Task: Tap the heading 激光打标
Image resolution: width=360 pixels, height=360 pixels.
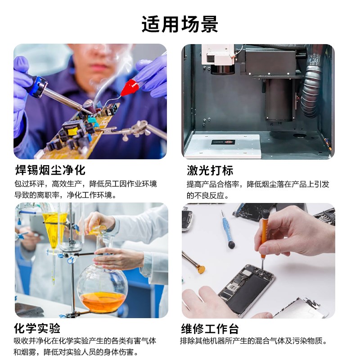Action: coord(210,171)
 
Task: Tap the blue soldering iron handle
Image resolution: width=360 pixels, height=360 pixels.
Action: coord(36,85)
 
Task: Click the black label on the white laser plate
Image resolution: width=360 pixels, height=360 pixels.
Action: coord(224,142)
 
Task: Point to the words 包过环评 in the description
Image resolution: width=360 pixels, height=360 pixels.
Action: coord(29,184)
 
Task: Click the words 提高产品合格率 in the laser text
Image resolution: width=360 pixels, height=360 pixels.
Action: coord(213,184)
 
